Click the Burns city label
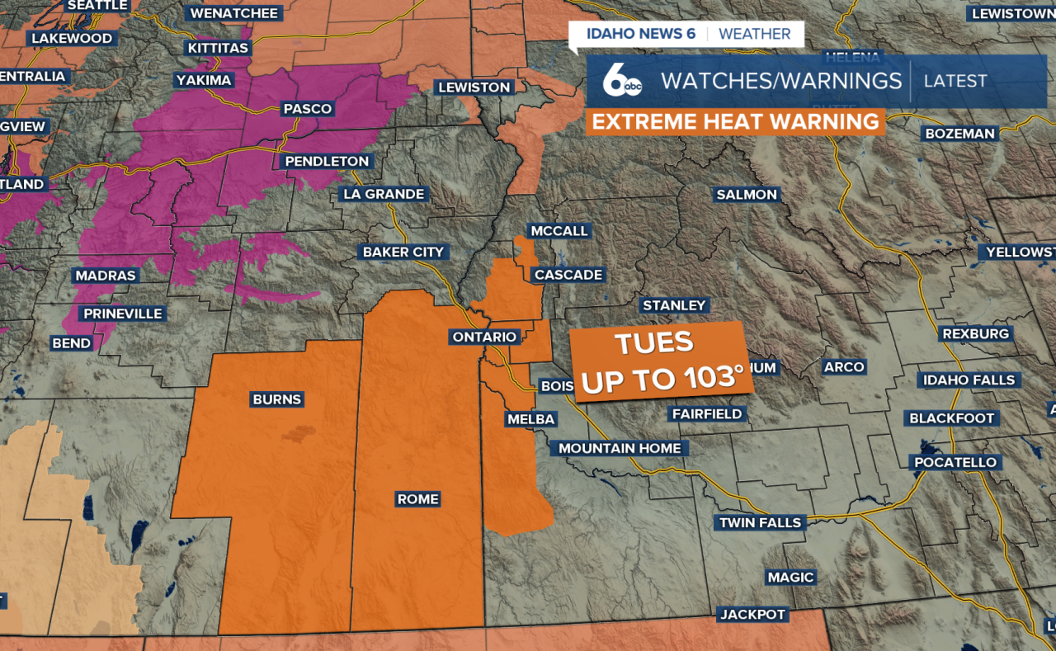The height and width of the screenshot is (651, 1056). tap(277, 399)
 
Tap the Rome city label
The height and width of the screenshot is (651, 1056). tap(418, 499)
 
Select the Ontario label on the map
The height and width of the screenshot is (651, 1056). tap(484, 337)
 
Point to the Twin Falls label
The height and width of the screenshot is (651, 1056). tap(760, 522)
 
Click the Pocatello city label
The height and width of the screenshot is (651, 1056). tap(956, 462)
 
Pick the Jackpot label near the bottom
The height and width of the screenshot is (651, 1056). tap(753, 614)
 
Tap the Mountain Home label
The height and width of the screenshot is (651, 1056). tap(620, 448)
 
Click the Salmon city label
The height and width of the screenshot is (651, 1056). tap(747, 195)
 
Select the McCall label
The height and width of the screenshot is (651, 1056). tap(559, 231)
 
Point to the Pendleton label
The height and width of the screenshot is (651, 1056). tap(328, 161)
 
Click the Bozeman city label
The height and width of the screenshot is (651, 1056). tap(960, 133)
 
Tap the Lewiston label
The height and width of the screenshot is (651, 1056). tap(474, 87)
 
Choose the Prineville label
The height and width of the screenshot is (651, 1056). tap(123, 314)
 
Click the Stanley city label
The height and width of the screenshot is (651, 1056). tap(674, 305)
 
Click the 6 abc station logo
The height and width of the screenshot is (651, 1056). tap(621, 81)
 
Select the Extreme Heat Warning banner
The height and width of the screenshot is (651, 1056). tap(735, 122)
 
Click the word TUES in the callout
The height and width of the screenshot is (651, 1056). tap(654, 343)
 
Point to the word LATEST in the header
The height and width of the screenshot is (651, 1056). tap(955, 81)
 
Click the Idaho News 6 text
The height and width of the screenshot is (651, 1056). tap(640, 34)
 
